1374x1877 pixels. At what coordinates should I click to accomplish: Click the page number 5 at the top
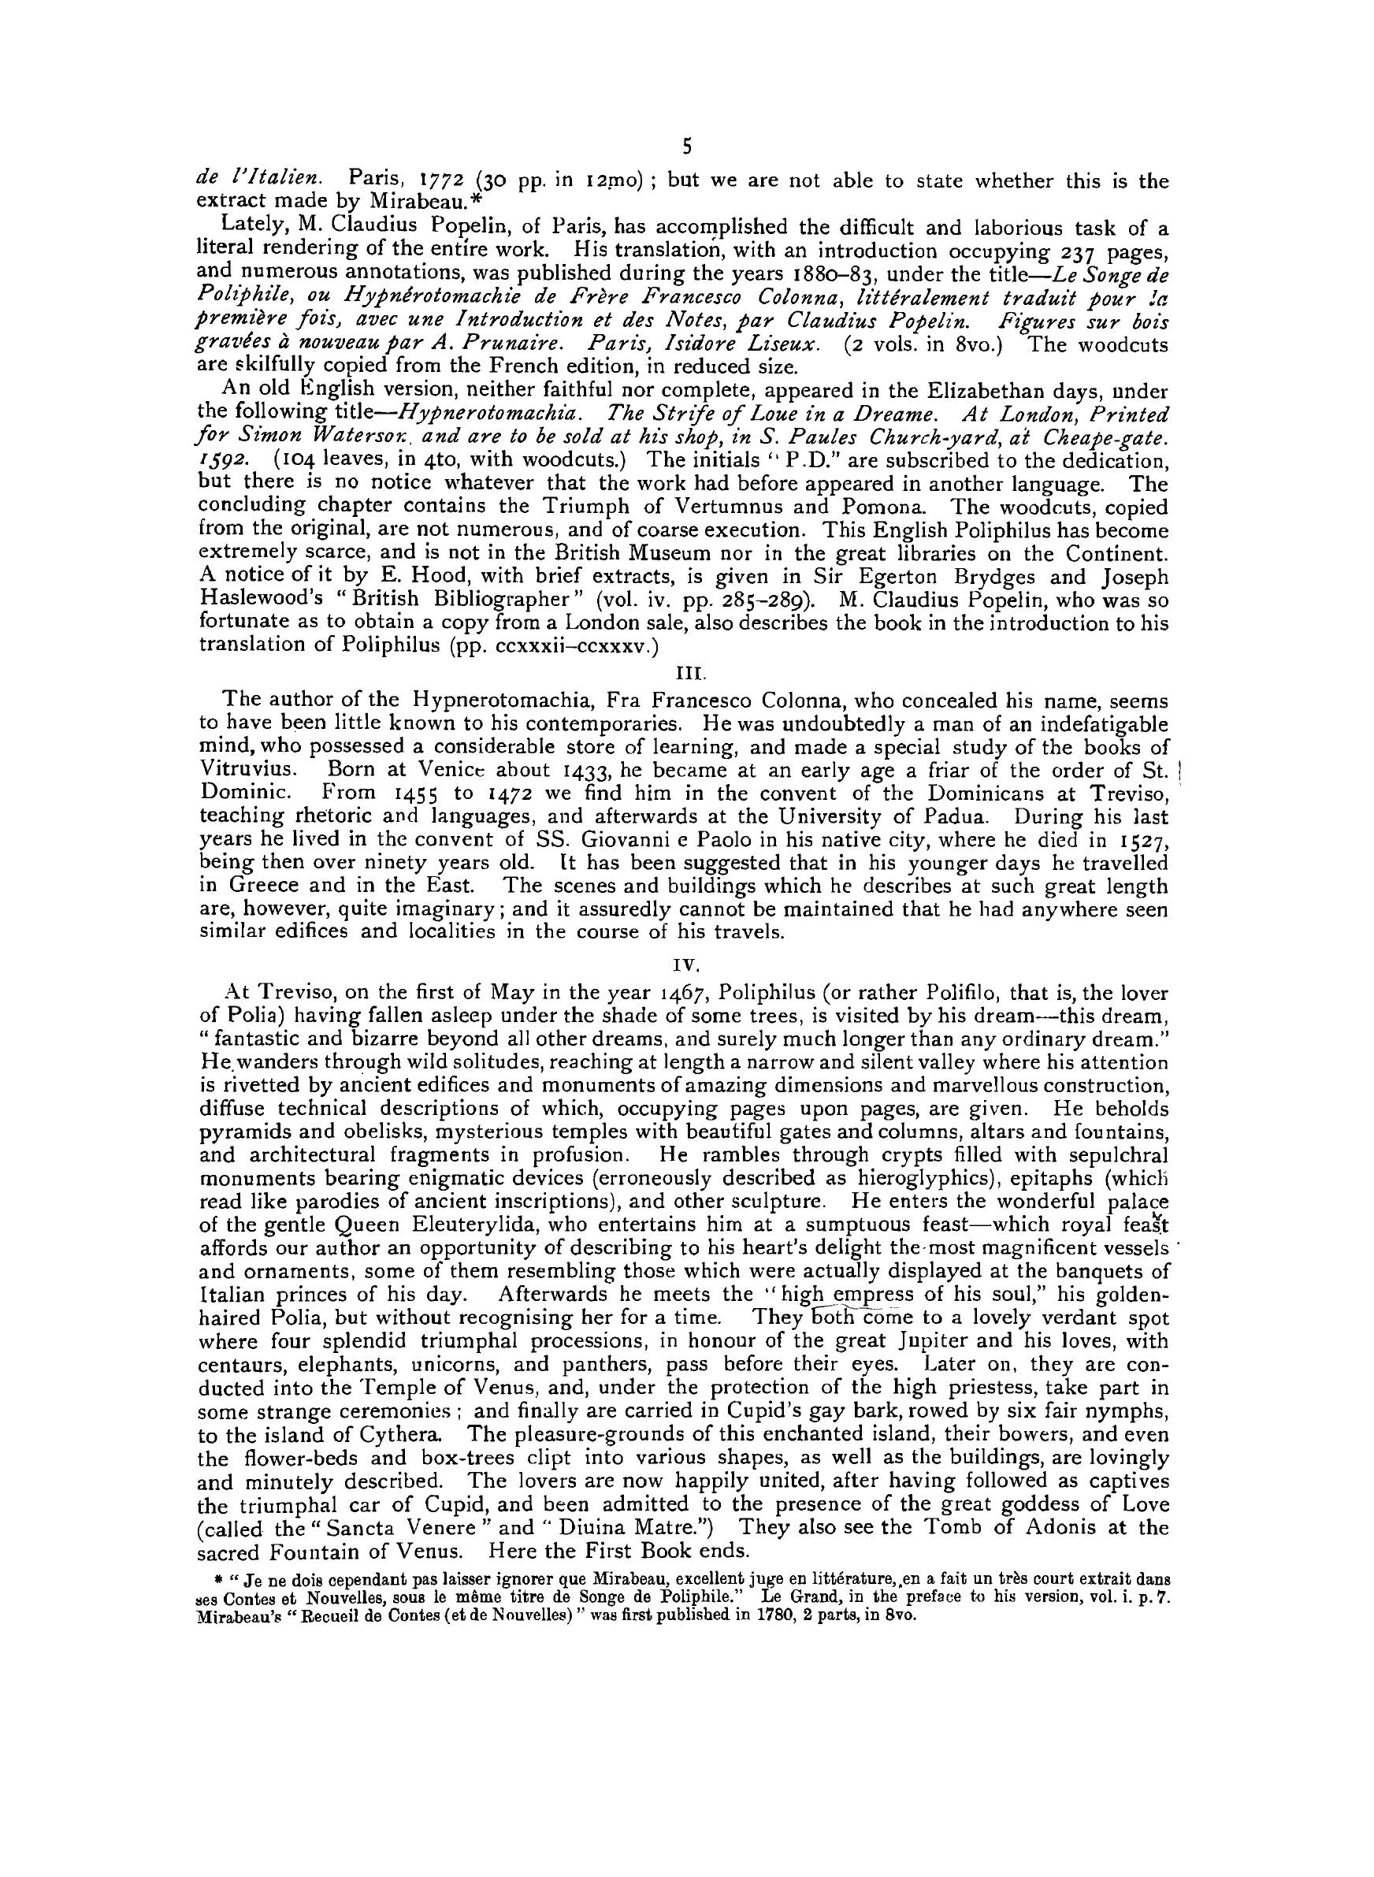pyautogui.click(x=686, y=147)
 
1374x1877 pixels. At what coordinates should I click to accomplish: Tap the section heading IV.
pyautogui.click(x=686, y=967)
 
